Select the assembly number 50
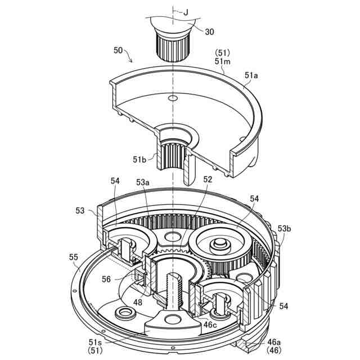[x=118, y=50]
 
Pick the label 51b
[x=141, y=159]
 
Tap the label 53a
[x=143, y=182]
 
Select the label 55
[x=73, y=257]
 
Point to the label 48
[x=138, y=302]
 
